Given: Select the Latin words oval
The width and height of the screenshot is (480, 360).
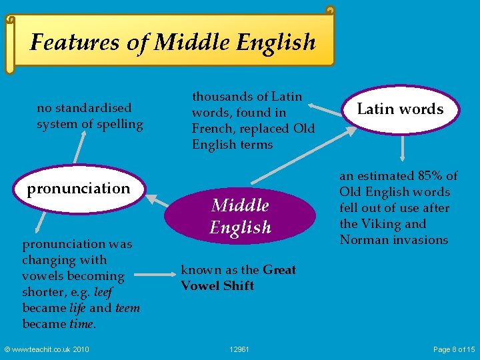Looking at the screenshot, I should coord(400,109).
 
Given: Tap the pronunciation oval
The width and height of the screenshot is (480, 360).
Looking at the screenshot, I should coord(79,188).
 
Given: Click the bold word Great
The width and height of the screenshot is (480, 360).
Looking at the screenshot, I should coord(280,270).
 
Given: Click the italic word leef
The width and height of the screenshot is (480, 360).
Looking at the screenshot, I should coord(103,292).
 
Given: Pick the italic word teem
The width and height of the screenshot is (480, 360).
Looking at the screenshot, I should coord(127,308).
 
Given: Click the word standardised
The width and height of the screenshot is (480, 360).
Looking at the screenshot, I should coord(93,108).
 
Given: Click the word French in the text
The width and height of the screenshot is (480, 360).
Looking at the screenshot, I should coord(213,129).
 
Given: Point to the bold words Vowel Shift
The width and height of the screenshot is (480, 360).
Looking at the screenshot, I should coord(217,286).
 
